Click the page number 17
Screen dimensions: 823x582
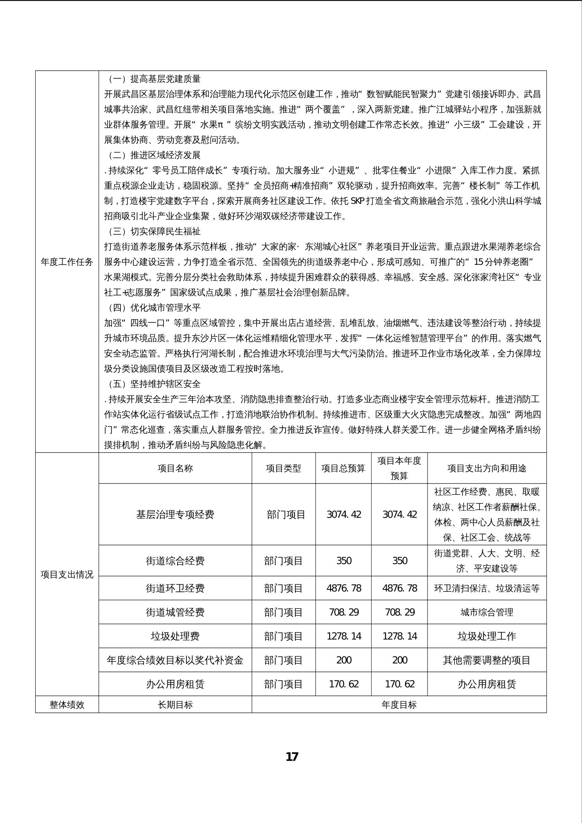(292, 757)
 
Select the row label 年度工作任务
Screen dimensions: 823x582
(67, 262)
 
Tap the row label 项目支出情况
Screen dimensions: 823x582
(67, 575)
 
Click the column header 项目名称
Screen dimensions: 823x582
(175, 468)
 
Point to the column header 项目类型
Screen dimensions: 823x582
(284, 468)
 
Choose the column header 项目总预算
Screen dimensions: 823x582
(343, 468)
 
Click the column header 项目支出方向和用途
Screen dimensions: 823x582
(487, 468)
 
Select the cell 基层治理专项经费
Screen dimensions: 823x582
(175, 514)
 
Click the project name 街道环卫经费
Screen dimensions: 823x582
(175, 588)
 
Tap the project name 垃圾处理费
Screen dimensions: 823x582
(175, 636)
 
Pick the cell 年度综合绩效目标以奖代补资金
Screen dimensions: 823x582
(175, 660)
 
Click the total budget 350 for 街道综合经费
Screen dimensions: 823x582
(344, 561)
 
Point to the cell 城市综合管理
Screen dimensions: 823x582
(487, 612)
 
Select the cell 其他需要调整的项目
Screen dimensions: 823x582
(487, 660)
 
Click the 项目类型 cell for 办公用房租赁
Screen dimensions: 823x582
(284, 684)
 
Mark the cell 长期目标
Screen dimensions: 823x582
(175, 704)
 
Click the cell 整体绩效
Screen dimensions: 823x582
(67, 704)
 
